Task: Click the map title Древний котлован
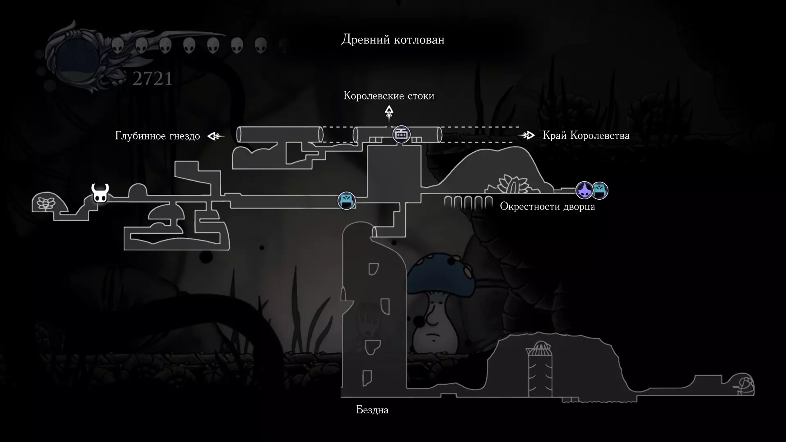click(x=393, y=40)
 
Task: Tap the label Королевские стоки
click(x=389, y=96)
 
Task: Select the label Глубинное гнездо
click(x=158, y=136)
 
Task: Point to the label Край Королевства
click(x=586, y=135)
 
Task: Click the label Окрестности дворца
click(x=547, y=207)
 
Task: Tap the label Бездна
click(x=372, y=410)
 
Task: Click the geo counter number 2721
click(x=152, y=79)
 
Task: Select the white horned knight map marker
click(x=100, y=193)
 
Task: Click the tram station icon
click(x=401, y=134)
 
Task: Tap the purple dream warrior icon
click(x=584, y=190)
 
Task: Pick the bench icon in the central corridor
click(x=346, y=201)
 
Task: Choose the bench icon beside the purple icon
click(x=600, y=190)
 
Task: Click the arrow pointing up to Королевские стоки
click(x=389, y=113)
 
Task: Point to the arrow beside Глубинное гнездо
click(x=216, y=136)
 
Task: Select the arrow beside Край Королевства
click(x=527, y=135)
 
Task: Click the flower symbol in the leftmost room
click(x=45, y=203)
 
